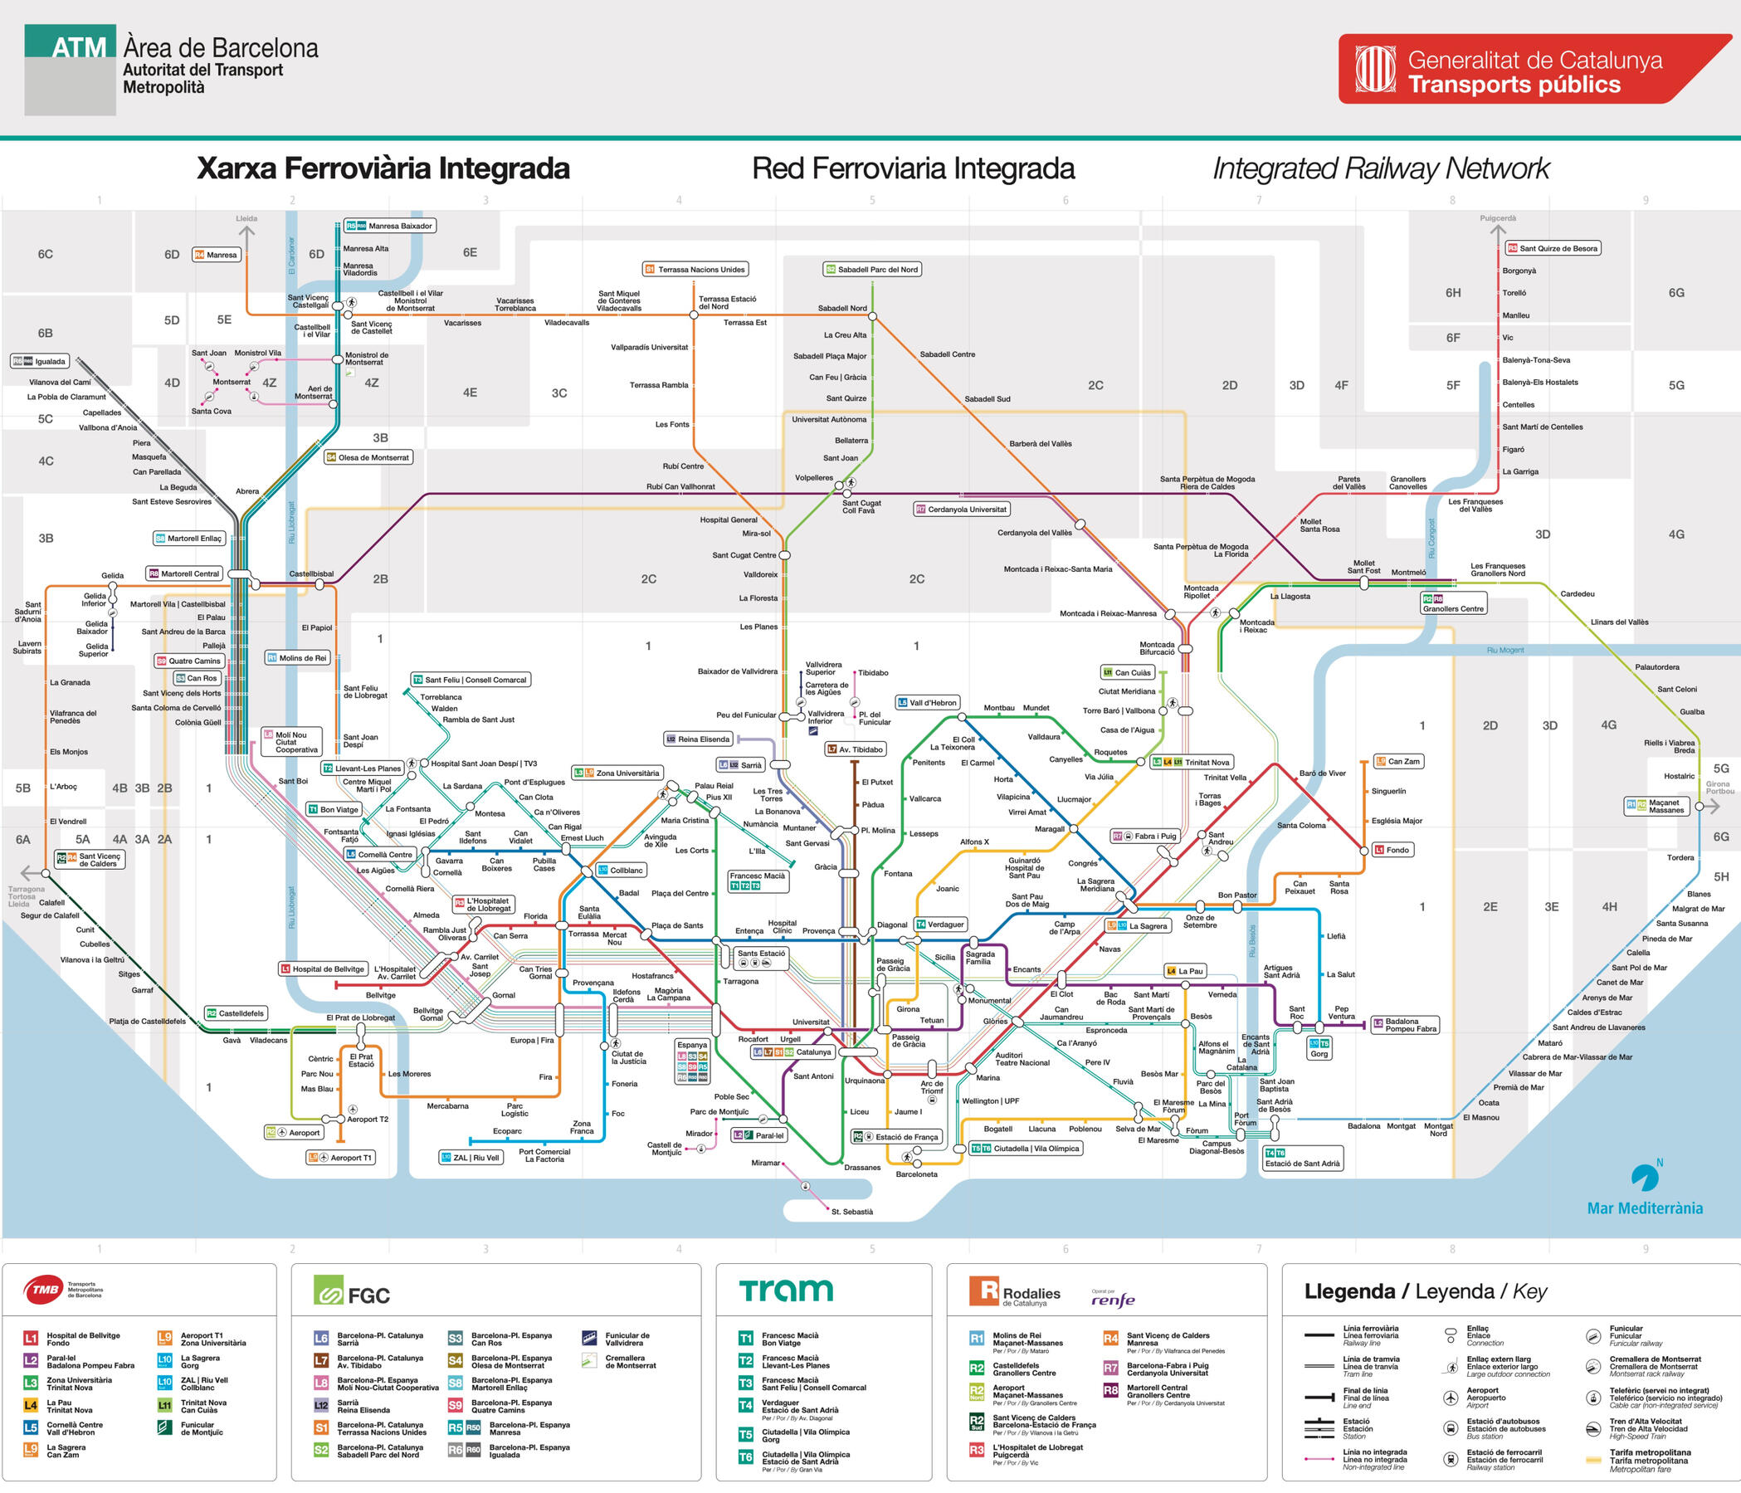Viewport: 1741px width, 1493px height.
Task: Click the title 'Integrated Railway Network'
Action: coord(1381,168)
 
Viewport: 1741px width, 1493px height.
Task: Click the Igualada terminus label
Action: coord(41,361)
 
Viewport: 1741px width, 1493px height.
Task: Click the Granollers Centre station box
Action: coord(1453,603)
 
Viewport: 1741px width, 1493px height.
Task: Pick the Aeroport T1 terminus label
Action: coord(341,1157)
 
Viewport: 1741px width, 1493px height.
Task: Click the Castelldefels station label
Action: coord(236,1013)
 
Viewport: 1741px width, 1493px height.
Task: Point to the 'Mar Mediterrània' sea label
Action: coord(1645,1208)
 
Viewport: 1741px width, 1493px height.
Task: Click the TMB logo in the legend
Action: coord(46,1290)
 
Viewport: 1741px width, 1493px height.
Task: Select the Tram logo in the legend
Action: coord(786,1290)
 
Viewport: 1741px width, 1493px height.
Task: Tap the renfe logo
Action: coord(1113,1300)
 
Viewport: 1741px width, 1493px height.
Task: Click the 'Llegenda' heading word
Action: coord(1349,1291)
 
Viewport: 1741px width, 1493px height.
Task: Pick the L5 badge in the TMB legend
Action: coord(30,1427)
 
